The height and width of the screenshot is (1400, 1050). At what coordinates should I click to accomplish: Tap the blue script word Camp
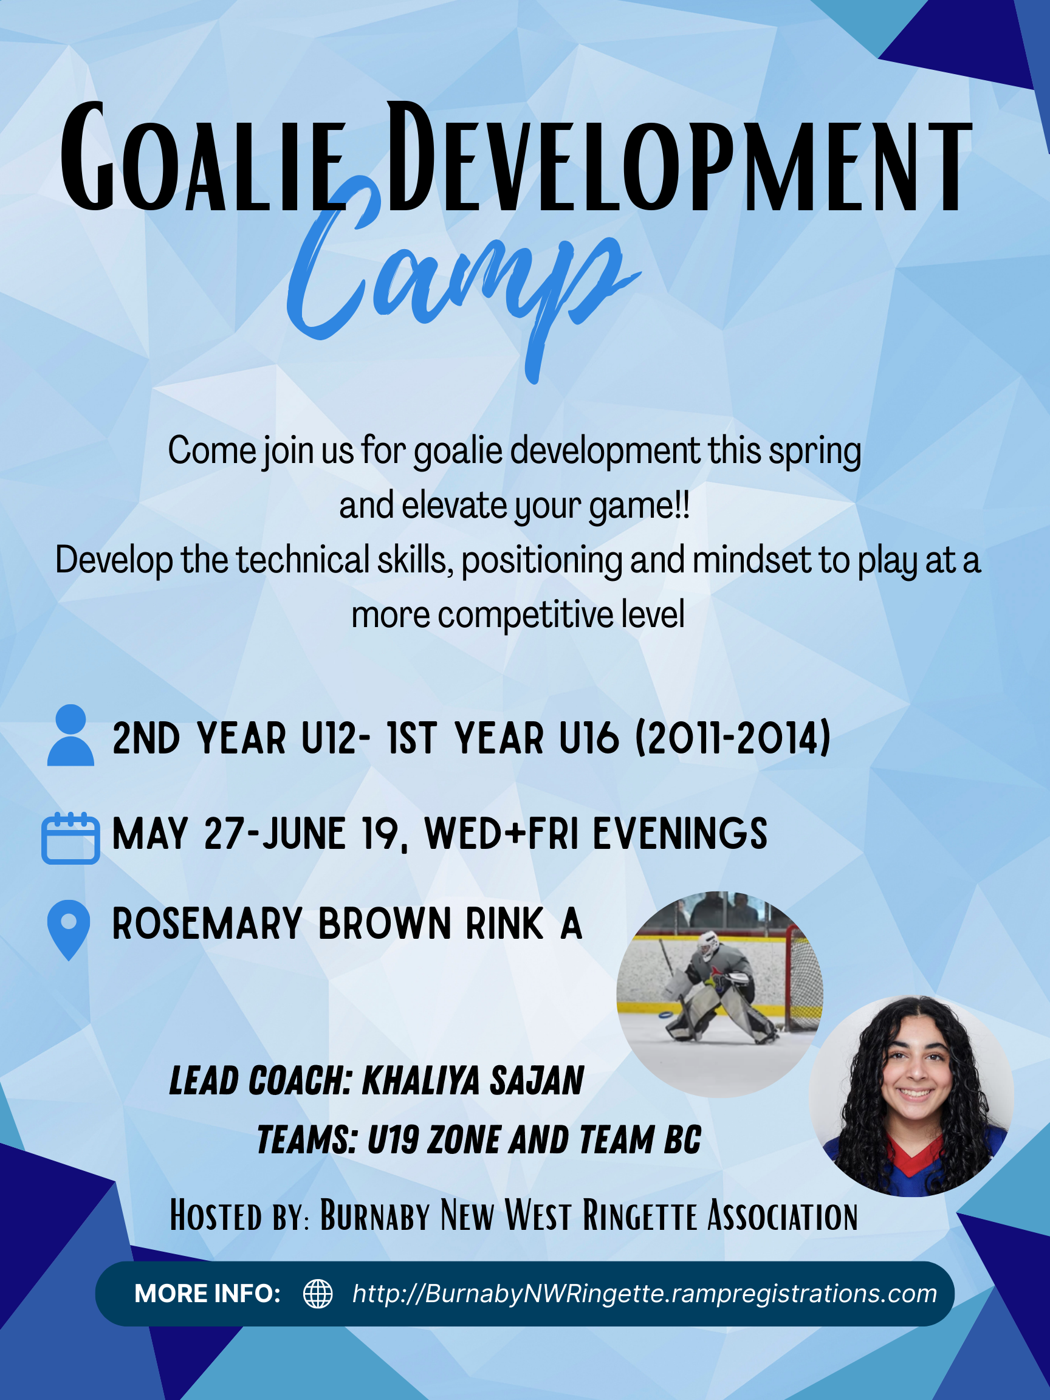[x=462, y=278]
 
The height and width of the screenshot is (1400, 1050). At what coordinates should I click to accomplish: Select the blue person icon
[x=71, y=735]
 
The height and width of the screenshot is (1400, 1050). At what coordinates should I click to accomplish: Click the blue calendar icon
[x=70, y=838]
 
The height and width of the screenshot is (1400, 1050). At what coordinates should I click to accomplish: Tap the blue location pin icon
[x=69, y=930]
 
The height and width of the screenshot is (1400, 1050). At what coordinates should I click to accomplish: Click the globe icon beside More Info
[x=318, y=1294]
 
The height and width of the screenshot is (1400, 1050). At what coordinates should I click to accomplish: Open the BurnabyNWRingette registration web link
[x=644, y=1294]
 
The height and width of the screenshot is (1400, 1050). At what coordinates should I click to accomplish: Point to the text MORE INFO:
[x=208, y=1294]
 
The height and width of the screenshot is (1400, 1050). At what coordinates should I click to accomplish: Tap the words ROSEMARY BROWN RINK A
[x=347, y=924]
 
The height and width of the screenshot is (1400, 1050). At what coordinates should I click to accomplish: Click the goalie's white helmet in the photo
[x=710, y=947]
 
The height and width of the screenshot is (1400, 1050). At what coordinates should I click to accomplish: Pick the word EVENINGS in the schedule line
[x=680, y=833]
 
